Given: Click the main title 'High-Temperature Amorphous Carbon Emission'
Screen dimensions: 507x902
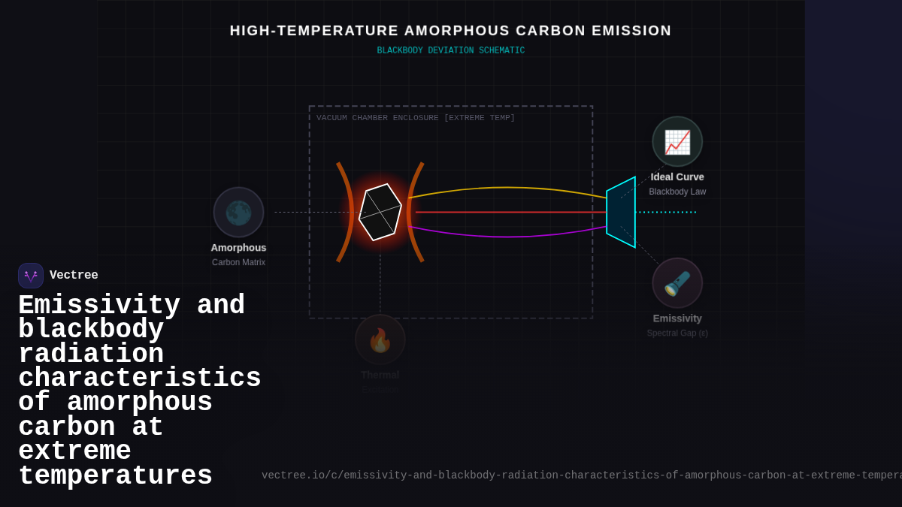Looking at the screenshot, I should coord(450,31).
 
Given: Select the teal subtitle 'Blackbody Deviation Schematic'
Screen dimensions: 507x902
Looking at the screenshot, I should coord(450,51).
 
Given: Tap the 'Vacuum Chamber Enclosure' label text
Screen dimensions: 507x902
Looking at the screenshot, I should coord(416,118).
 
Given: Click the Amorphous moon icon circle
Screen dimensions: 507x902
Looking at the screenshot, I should coord(238,213).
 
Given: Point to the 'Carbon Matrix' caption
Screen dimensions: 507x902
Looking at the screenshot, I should coord(238,262).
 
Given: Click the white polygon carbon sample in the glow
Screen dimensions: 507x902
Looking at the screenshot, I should coord(380,212).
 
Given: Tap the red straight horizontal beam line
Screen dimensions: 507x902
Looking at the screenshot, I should coord(511,212).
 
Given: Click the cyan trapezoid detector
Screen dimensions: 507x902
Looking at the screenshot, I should coord(621,212).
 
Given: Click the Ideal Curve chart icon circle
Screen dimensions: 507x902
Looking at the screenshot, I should coord(677,141).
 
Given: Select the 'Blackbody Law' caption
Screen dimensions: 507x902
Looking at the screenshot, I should coord(677,192).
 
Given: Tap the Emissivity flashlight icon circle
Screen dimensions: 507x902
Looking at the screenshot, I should coord(677,283).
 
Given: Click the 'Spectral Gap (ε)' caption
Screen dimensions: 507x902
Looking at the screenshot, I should coord(677,333).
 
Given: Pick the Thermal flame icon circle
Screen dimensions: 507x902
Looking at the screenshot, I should coord(380,340).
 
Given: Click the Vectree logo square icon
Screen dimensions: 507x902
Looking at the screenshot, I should coord(31,276).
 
